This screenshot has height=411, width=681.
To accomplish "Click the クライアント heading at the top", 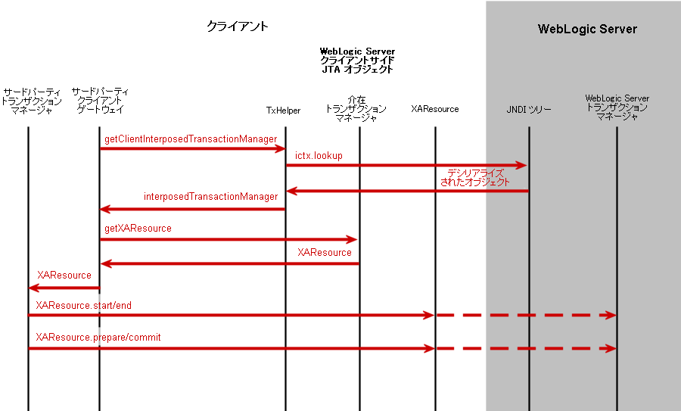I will click(238, 26).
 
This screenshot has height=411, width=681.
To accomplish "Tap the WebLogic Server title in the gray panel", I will click(587, 30).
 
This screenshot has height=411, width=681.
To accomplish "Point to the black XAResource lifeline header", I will click(435, 109).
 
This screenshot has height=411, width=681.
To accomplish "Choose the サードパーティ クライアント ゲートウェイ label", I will click(100, 101).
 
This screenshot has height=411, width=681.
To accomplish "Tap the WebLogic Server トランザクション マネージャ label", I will click(617, 108).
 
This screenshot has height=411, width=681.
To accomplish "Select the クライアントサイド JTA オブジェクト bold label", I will click(357, 61).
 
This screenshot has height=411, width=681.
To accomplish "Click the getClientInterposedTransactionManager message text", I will click(191, 139).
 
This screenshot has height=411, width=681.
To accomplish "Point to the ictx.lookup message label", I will click(319, 156).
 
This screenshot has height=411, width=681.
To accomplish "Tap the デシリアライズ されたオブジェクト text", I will click(475, 178).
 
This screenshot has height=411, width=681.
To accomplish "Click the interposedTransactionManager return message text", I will click(210, 197).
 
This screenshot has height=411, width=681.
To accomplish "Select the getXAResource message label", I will click(138, 228).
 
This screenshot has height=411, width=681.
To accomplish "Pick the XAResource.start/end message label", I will click(83, 305).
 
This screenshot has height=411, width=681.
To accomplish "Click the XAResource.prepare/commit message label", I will click(98, 337).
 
